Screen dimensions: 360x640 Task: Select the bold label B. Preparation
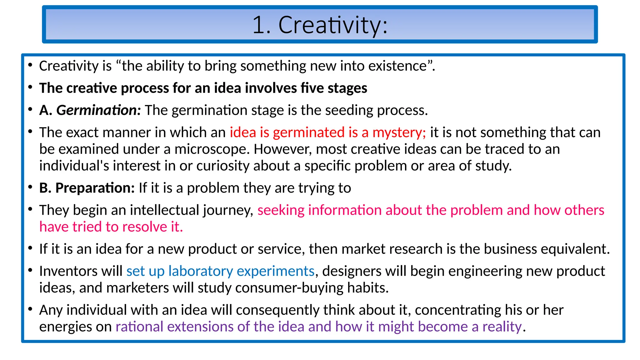point(87,188)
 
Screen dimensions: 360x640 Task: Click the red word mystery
point(399,133)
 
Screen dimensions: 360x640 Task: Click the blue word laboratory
point(201,271)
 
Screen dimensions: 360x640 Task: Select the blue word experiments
point(275,271)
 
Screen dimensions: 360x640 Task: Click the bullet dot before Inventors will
point(30,270)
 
